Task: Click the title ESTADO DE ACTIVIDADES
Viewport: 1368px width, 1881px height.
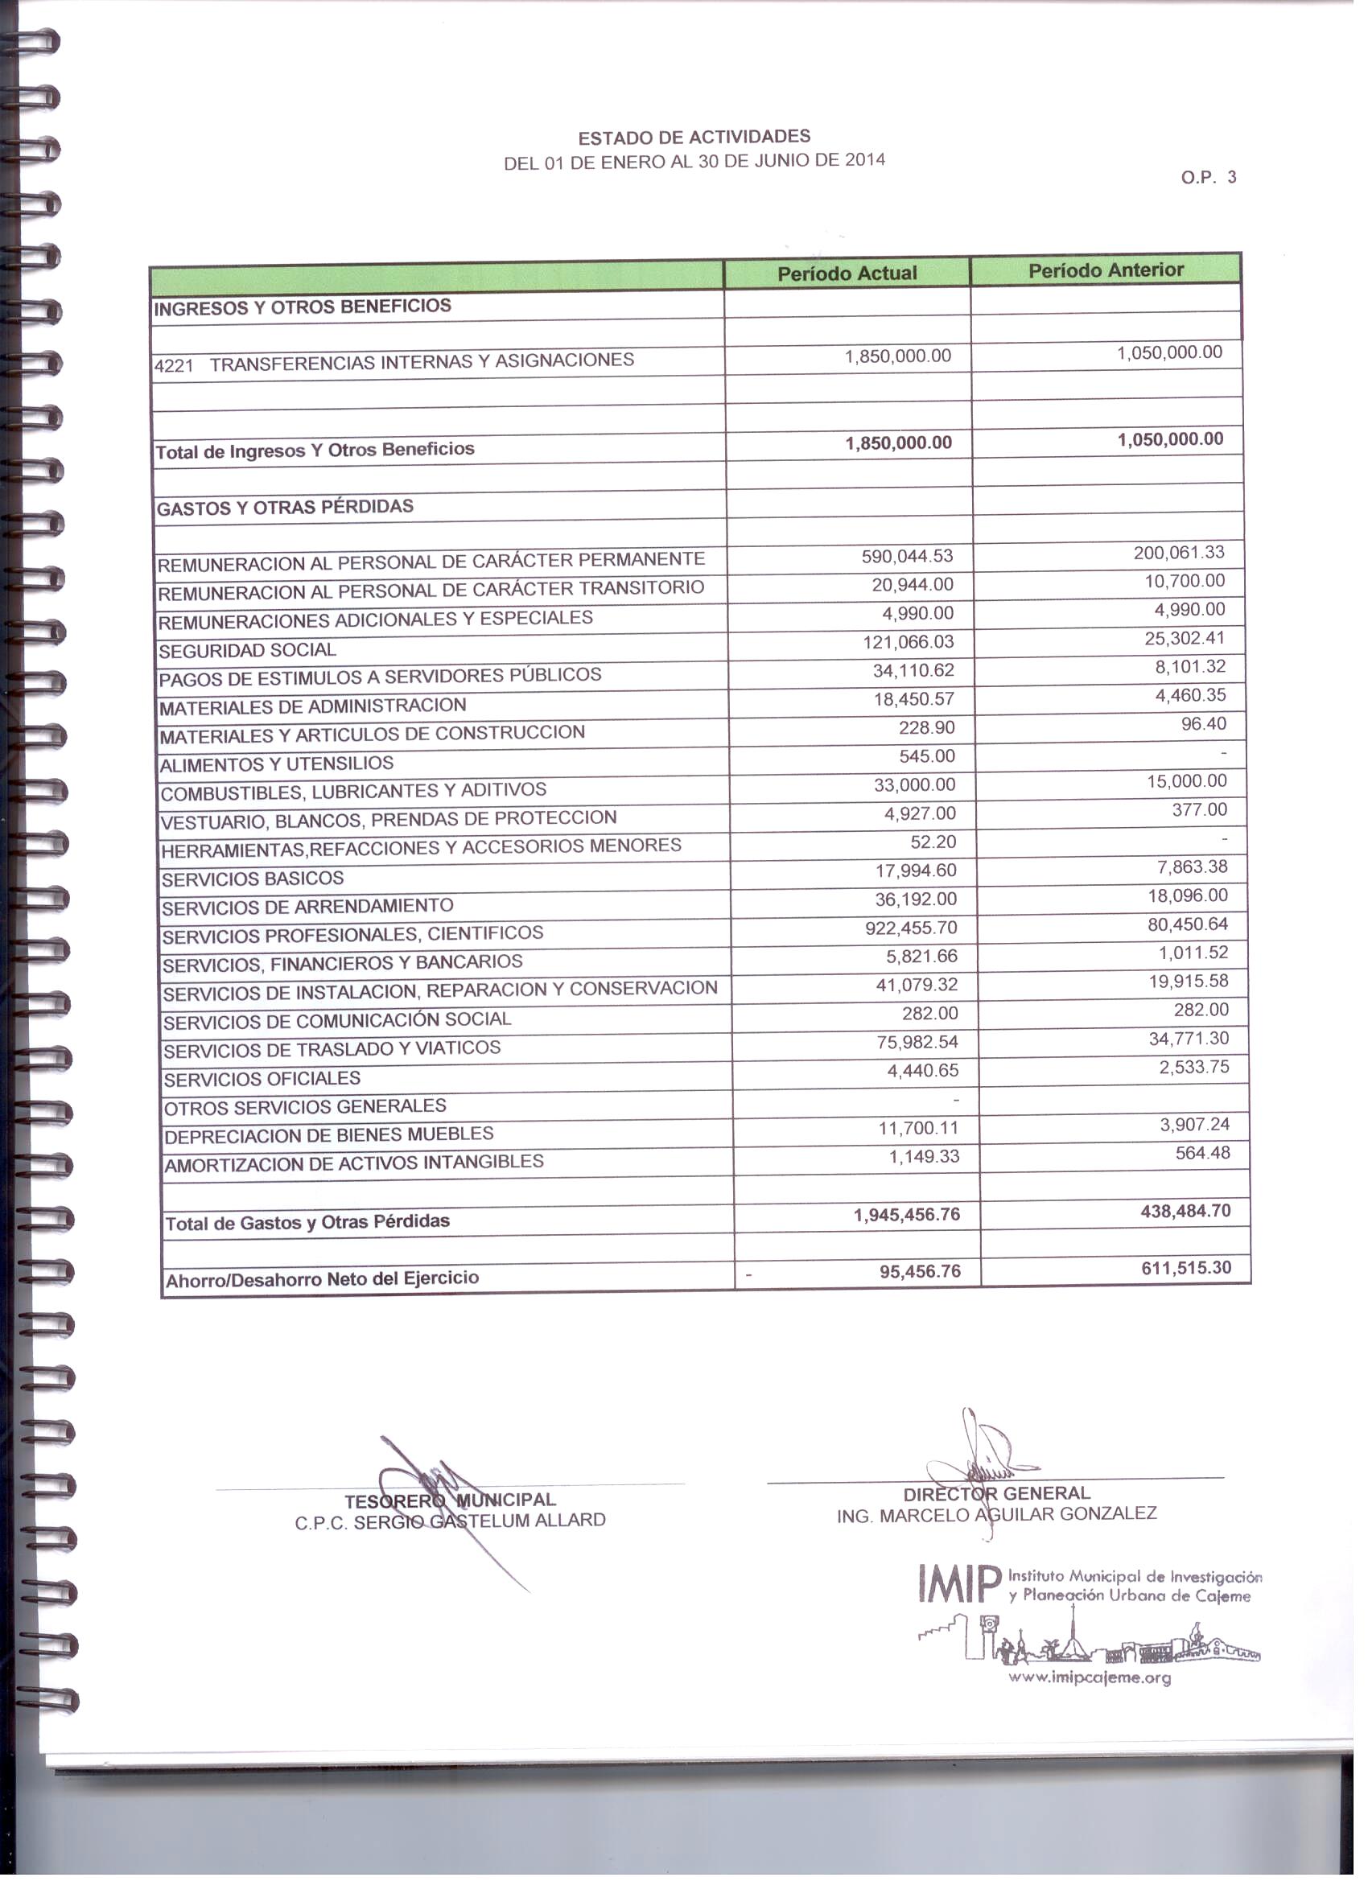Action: tap(694, 137)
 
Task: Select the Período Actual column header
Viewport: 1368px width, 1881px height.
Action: tap(847, 274)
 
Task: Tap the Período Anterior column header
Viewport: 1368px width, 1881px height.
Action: tap(1106, 270)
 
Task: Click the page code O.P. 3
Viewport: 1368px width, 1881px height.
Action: tap(1208, 178)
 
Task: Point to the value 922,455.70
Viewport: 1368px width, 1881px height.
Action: tap(911, 928)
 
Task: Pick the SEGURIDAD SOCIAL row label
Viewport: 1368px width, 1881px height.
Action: tap(247, 651)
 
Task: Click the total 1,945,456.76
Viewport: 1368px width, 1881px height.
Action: tap(907, 1215)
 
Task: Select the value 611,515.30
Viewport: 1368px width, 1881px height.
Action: tap(1186, 1268)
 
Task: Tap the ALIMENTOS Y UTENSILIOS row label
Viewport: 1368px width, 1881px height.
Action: tap(277, 764)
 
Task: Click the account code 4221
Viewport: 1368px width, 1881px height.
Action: tap(174, 366)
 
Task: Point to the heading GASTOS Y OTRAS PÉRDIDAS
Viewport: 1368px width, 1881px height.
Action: tap(285, 508)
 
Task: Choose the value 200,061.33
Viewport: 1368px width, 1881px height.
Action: tap(1179, 554)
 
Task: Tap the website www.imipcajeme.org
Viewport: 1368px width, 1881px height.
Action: tap(1090, 1677)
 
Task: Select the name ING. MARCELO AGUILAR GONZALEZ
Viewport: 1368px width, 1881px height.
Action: tap(996, 1514)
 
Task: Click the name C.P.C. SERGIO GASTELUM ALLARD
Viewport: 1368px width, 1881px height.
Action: tap(451, 1521)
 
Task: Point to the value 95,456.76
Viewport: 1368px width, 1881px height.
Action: tap(920, 1271)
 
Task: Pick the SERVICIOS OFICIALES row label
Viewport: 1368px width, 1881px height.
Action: tap(262, 1080)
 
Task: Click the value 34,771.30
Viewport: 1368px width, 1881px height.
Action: tap(1189, 1039)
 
